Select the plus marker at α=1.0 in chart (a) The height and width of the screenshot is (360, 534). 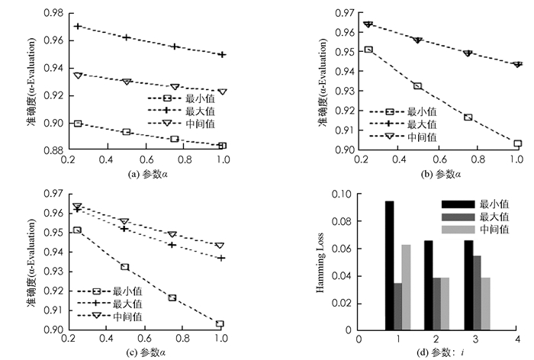[222, 55]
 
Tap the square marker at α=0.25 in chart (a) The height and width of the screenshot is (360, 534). [78, 123]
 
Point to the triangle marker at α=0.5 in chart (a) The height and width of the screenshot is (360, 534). [127, 82]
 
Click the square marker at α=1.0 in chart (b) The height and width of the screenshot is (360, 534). [517, 143]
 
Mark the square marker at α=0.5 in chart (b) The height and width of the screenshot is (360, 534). [417, 86]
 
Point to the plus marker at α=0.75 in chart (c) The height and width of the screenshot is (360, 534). [172, 245]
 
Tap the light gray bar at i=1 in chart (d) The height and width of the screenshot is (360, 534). [407, 288]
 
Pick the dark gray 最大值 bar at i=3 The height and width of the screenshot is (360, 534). [478, 293]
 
